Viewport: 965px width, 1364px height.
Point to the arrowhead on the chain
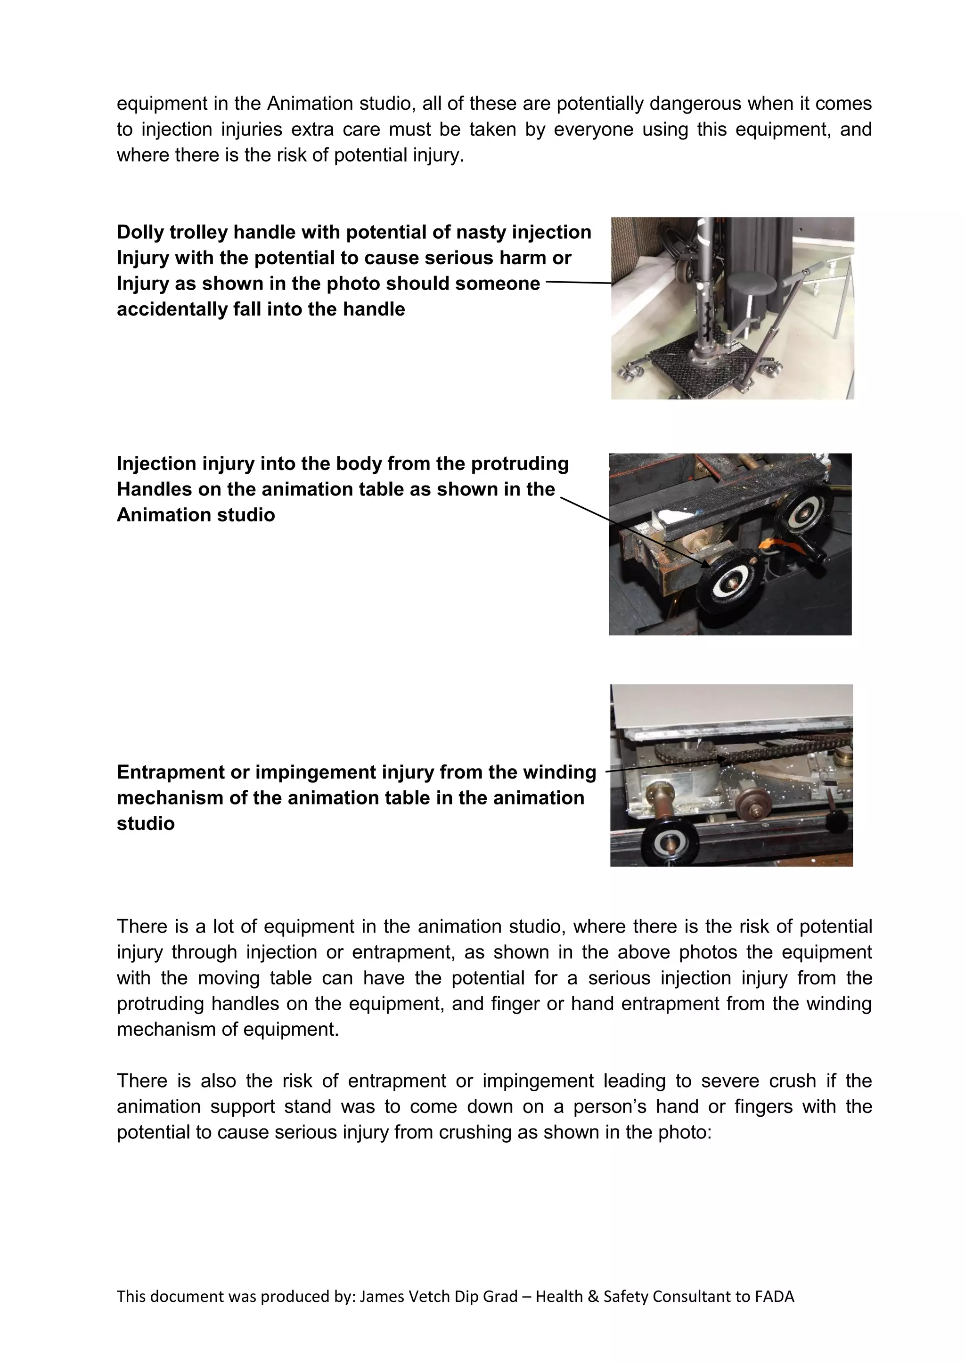(722, 759)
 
